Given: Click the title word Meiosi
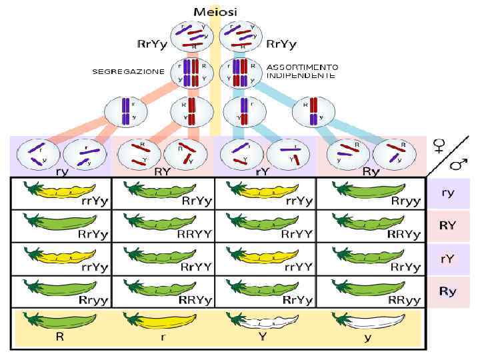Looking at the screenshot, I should [x=215, y=11].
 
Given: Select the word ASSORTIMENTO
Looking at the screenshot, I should [x=303, y=67].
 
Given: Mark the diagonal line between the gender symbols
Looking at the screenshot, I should [x=449, y=155].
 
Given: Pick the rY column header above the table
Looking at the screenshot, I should [x=263, y=171].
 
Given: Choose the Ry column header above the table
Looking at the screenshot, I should [x=371, y=171].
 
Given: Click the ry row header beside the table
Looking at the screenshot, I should [x=449, y=193].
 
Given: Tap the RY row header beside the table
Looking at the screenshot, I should [x=449, y=225].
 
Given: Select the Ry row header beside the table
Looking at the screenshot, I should [x=449, y=291].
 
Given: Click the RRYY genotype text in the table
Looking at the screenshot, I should [x=195, y=235].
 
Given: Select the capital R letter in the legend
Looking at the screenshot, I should [x=59, y=337].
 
